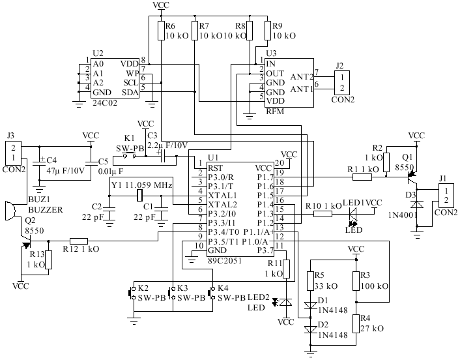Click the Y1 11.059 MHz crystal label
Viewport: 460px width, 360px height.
(x=141, y=185)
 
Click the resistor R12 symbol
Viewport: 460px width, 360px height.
(x=79, y=240)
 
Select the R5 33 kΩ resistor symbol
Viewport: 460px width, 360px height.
(x=310, y=280)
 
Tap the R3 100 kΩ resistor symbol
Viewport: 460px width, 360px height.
(x=356, y=280)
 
